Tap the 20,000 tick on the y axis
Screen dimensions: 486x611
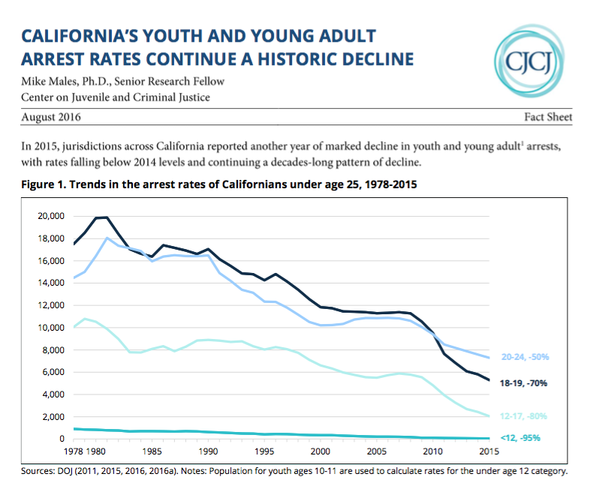(x=50, y=216)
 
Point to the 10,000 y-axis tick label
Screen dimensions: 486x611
(x=50, y=328)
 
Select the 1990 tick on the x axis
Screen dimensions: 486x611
(x=208, y=451)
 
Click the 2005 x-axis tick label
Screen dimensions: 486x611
(x=376, y=451)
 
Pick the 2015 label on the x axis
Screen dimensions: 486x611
(x=488, y=451)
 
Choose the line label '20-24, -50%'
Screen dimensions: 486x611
(x=524, y=357)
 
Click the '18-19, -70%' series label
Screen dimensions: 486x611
(x=524, y=382)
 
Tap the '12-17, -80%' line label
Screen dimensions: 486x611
(x=524, y=415)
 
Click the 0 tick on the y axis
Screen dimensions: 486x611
(x=60, y=438)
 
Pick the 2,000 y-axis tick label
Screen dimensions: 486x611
(x=53, y=416)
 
